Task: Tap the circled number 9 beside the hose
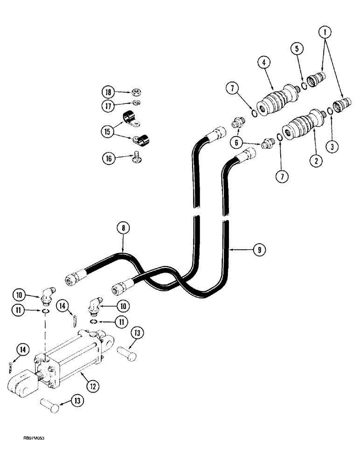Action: pyautogui.click(x=260, y=250)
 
